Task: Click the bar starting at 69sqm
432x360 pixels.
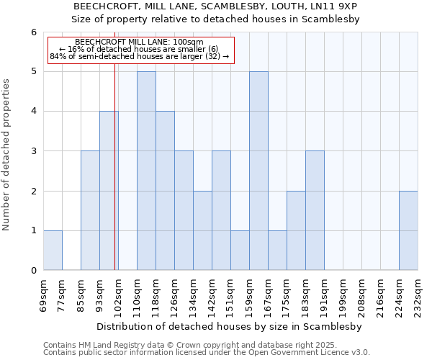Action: point(53,251)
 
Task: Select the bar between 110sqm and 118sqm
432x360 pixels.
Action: point(146,171)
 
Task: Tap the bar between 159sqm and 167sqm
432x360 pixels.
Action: point(258,171)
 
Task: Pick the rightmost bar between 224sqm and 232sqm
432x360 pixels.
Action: point(408,230)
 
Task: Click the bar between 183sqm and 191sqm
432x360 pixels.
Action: point(315,210)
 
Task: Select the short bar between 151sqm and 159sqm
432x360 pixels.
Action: point(240,251)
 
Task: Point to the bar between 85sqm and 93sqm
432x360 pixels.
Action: point(90,210)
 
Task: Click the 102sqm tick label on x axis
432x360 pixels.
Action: point(119,292)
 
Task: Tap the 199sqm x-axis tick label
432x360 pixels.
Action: point(343,292)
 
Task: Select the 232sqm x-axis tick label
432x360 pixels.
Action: point(418,292)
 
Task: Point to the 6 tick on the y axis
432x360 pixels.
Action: point(33,32)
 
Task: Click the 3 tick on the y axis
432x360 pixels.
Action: point(33,151)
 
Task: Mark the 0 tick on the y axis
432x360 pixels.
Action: point(33,270)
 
